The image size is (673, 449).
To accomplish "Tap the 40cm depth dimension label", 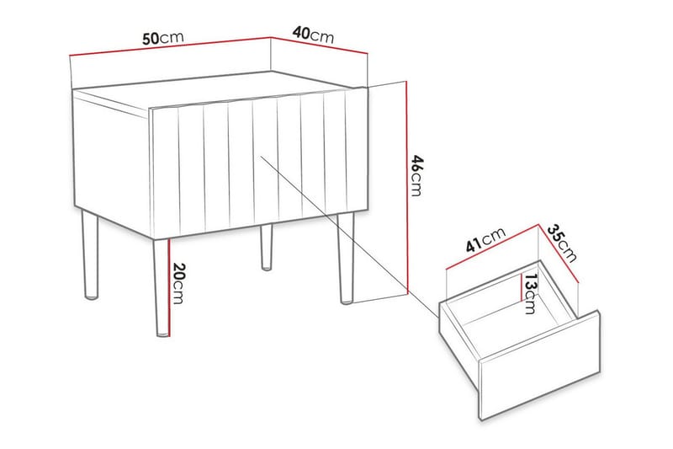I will (313, 35).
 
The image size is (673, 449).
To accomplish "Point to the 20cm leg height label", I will (179, 285).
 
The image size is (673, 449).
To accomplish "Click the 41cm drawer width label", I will (485, 243).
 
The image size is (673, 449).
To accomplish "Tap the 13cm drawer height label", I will (529, 292).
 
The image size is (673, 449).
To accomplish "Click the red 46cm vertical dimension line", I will (406, 185).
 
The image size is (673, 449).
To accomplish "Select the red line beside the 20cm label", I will (169, 286).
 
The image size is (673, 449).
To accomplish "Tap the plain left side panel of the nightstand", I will (109, 160).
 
